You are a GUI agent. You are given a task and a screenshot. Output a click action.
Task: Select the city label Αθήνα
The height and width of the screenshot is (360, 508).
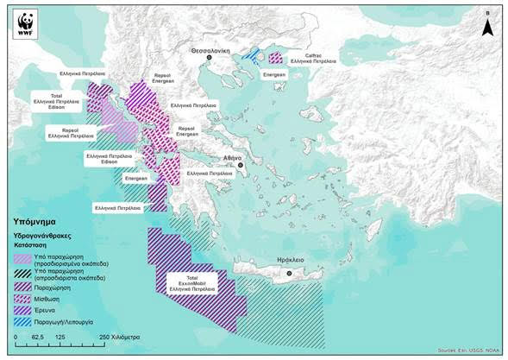coord(233,158)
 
